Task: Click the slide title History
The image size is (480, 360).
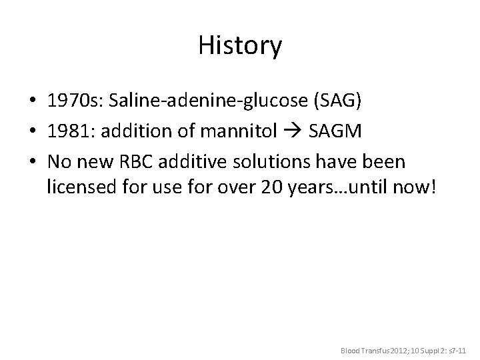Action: click(240, 46)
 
